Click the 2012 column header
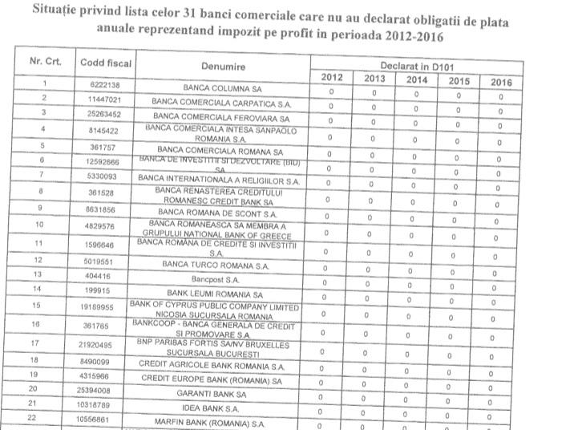(x=332, y=77)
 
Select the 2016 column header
(x=499, y=81)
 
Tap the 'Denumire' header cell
(x=224, y=67)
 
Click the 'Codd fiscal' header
(x=106, y=62)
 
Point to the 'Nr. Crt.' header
(x=45, y=60)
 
